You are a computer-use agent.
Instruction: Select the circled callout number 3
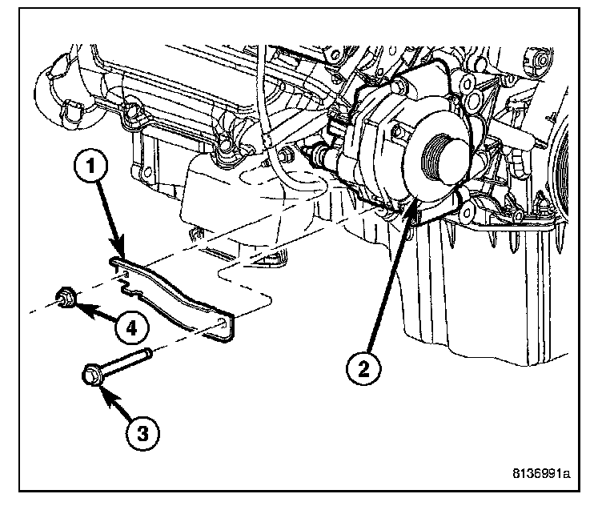pyautogui.click(x=142, y=433)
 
